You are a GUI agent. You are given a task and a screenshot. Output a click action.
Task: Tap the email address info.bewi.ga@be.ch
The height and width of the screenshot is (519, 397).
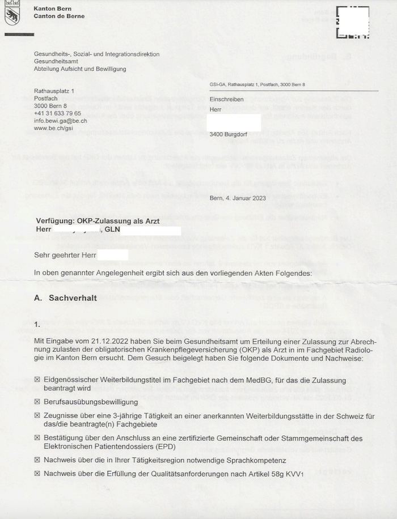(x=60, y=121)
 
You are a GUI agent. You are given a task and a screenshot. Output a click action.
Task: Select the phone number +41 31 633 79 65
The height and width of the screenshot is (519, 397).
(x=57, y=113)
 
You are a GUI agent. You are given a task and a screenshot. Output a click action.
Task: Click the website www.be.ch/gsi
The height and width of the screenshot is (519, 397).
(x=53, y=129)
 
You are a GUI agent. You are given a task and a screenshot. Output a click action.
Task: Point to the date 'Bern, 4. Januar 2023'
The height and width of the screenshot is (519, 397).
(x=238, y=198)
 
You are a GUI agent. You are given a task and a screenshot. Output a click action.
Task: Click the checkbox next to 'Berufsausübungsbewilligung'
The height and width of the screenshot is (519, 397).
(x=37, y=402)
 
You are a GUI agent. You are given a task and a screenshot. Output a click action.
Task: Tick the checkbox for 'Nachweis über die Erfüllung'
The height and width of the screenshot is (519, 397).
(x=37, y=473)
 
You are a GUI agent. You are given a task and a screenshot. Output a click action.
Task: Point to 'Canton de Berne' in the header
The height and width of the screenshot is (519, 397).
(x=59, y=16)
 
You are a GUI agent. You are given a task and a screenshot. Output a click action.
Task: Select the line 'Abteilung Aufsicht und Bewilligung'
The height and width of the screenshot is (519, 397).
(x=80, y=69)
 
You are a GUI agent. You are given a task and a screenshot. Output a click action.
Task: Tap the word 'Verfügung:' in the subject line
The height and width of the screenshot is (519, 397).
(x=56, y=221)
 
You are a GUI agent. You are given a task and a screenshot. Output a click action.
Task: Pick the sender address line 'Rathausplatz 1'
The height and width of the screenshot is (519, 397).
(x=54, y=91)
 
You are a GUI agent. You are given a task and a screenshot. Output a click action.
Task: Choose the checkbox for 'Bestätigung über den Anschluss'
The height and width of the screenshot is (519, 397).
(x=37, y=438)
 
